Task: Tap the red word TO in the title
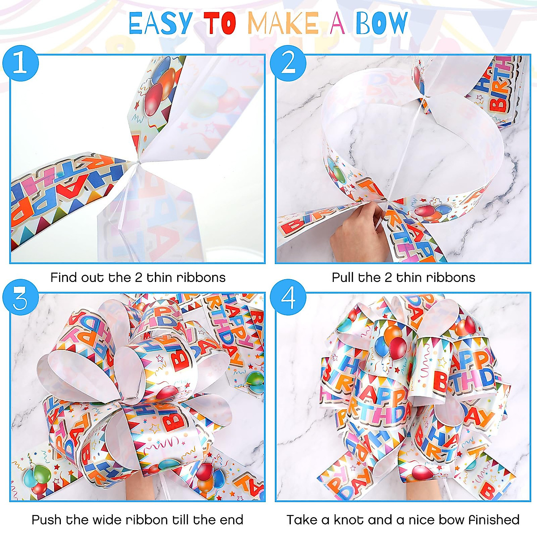click(x=220, y=24)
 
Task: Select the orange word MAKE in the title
click(x=283, y=24)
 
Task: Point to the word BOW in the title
click(x=382, y=24)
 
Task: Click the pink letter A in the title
click(x=337, y=24)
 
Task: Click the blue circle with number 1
click(x=20, y=63)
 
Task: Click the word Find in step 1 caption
click(x=64, y=277)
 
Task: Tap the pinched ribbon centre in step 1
click(x=140, y=163)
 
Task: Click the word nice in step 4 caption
click(x=422, y=520)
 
